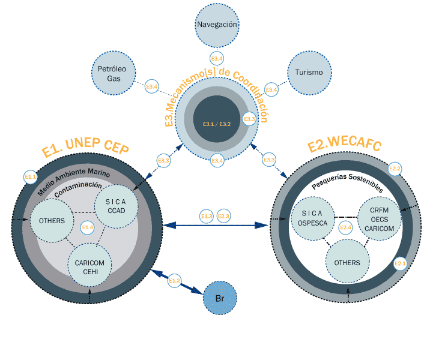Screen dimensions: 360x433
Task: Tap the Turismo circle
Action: point(309,73)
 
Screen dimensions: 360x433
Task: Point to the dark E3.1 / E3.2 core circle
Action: point(217,124)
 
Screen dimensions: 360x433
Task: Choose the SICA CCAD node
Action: point(117,207)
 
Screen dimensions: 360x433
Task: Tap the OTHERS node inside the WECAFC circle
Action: point(347,263)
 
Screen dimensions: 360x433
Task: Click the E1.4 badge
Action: point(87,227)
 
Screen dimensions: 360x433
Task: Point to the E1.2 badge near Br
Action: point(174,280)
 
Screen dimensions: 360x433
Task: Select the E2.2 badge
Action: point(395,169)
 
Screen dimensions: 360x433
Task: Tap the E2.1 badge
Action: point(400,263)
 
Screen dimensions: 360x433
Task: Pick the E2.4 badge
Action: point(345,227)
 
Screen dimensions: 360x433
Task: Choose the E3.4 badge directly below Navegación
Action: point(217,58)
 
